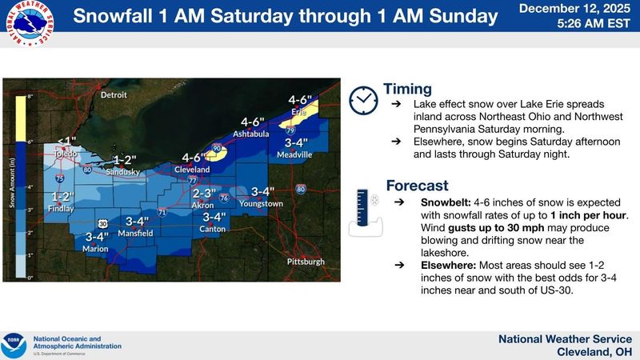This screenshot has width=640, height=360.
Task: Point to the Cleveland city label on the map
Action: pyautogui.click(x=192, y=170)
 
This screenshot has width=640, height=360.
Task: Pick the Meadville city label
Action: pyautogui.click(x=294, y=154)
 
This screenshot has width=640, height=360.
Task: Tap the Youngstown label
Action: pyautogui.click(x=262, y=204)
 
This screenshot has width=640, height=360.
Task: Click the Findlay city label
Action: pyautogui.click(x=62, y=209)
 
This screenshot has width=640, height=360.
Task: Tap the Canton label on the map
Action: pyautogui.click(x=213, y=230)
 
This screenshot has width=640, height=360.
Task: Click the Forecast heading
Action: pyautogui.click(x=417, y=186)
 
